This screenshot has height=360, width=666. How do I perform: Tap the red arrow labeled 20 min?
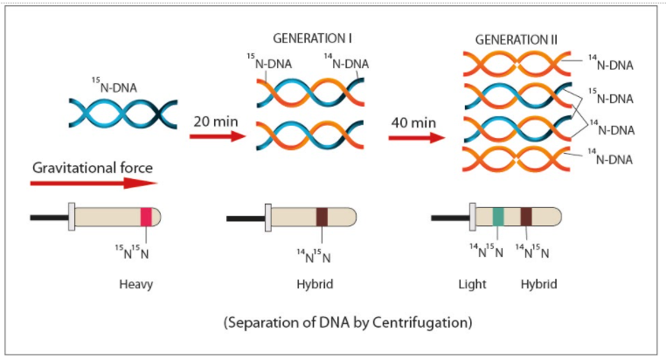(215, 136)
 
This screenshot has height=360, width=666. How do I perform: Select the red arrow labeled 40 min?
(413, 136)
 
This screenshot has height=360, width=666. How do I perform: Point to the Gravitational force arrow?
(93, 183)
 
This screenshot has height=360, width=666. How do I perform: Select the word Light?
(472, 285)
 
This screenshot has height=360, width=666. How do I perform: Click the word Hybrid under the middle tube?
(315, 285)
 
